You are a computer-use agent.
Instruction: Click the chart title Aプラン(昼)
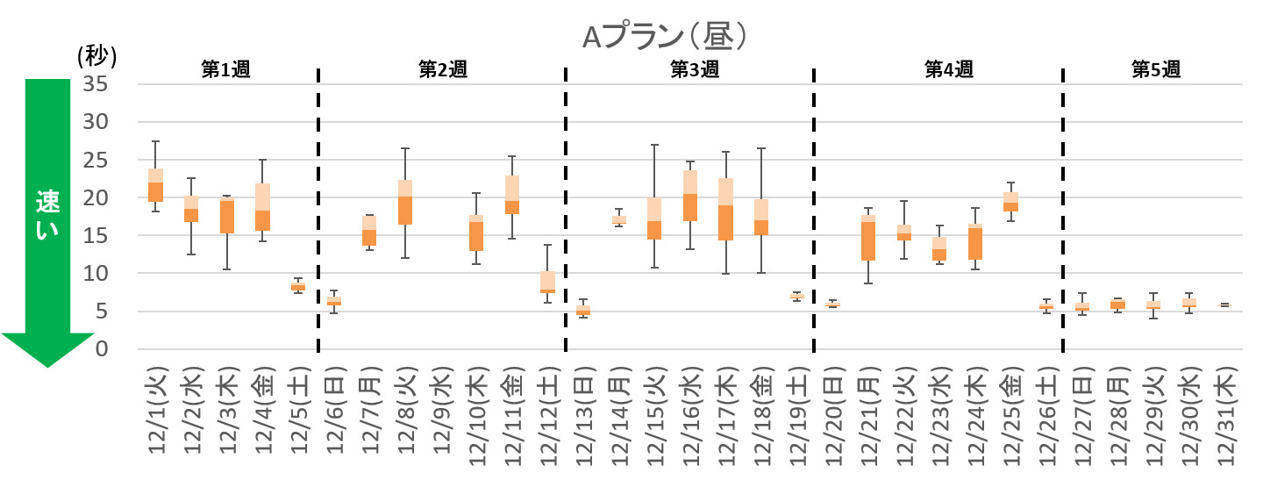pyautogui.click(x=666, y=36)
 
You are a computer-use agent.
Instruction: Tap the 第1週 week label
pyautogui.click(x=225, y=70)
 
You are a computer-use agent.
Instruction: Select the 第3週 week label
pyautogui.click(x=694, y=70)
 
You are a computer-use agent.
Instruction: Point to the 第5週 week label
pyautogui.click(x=1155, y=70)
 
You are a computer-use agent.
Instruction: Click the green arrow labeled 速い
pyautogui.click(x=46, y=219)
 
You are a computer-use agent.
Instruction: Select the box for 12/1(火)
pyautogui.click(x=155, y=185)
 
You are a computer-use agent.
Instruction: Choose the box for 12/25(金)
pyautogui.click(x=1010, y=202)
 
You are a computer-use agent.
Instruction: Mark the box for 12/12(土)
pyautogui.click(x=547, y=282)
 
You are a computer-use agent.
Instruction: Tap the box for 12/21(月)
pyautogui.click(x=867, y=238)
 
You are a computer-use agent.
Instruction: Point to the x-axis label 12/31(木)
pyautogui.click(x=1224, y=412)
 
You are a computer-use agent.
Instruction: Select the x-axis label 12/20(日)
pyautogui.click(x=833, y=412)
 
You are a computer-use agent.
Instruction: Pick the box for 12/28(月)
pyautogui.click(x=1117, y=304)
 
